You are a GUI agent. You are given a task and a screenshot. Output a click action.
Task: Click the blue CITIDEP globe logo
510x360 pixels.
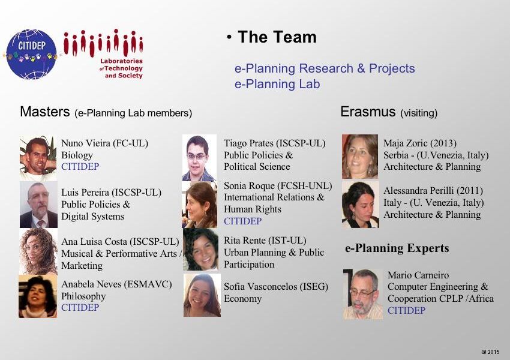point(32,55)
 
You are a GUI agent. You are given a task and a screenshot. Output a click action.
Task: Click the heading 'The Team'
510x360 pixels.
point(277,37)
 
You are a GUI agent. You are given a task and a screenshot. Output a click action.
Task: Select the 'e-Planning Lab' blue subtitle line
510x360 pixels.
point(277,84)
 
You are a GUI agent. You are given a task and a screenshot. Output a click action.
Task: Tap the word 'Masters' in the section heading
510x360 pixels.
point(45,112)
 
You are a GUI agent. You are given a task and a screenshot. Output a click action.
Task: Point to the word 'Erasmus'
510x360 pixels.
point(368,112)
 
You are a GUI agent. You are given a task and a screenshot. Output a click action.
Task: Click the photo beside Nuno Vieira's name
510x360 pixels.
point(38,158)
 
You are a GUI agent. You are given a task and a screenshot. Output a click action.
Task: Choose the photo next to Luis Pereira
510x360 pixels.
point(38,205)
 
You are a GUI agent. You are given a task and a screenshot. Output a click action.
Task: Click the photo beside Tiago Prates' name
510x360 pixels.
point(199,158)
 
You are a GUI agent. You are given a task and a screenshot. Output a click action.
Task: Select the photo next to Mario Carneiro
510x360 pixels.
point(362,294)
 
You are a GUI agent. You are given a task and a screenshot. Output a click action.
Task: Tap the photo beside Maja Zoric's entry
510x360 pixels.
point(360,157)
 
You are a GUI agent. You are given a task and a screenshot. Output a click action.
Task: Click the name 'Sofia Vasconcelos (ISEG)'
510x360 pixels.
point(276,287)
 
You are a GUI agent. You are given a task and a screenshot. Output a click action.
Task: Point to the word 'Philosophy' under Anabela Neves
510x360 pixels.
point(83,296)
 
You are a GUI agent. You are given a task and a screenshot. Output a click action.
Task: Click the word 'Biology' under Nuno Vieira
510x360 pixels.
point(77,155)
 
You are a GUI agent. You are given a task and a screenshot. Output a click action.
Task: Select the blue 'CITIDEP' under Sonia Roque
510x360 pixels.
point(242,221)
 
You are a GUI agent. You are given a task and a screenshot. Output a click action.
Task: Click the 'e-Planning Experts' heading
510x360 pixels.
point(397,248)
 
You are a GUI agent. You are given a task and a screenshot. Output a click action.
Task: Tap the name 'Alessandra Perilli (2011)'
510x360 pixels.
point(433,191)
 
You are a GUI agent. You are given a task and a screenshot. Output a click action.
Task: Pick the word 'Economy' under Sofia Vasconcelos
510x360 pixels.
point(242,299)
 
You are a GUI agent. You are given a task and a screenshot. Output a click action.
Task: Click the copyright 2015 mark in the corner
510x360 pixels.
point(490,352)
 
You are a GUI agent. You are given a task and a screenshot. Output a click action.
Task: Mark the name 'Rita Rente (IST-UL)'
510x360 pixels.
point(265,241)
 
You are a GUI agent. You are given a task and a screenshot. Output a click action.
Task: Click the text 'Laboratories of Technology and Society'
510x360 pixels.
point(121,68)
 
